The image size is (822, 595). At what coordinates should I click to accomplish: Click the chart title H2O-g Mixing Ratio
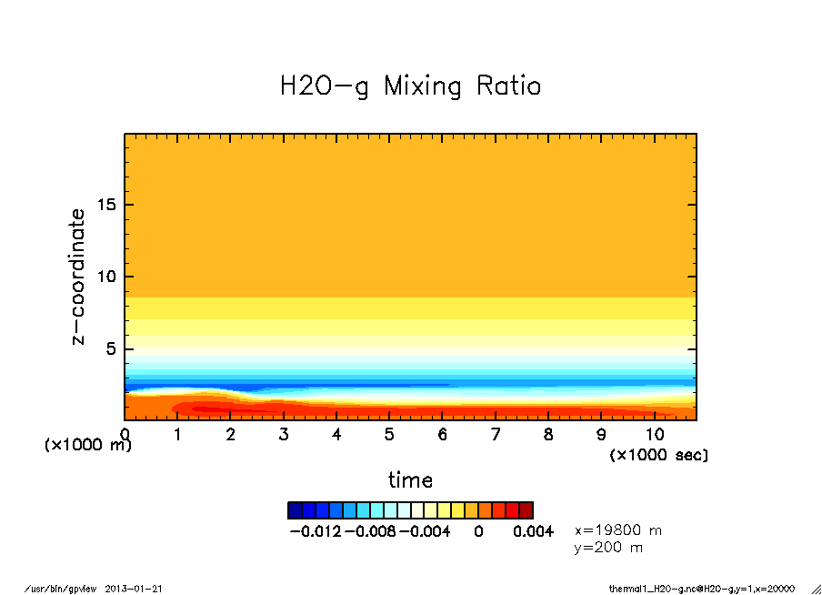(410, 86)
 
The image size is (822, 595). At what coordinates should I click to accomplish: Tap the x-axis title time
(410, 479)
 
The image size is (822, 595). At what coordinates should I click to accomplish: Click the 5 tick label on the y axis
(112, 348)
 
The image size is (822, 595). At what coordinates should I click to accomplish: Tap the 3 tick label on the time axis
(284, 435)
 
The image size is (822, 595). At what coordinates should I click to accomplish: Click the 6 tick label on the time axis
(442, 435)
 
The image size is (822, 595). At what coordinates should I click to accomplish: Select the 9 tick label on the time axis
(601, 435)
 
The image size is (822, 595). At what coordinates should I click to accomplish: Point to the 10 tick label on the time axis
(654, 435)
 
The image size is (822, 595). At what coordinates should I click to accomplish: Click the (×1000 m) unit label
(88, 446)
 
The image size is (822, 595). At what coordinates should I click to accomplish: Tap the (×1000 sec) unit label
(658, 454)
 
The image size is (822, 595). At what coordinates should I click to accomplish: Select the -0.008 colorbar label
(370, 531)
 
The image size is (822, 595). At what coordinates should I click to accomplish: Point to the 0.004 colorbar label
(534, 531)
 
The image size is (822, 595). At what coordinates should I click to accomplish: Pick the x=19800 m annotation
(618, 529)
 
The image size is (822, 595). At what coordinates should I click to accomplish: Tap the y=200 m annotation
(609, 547)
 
